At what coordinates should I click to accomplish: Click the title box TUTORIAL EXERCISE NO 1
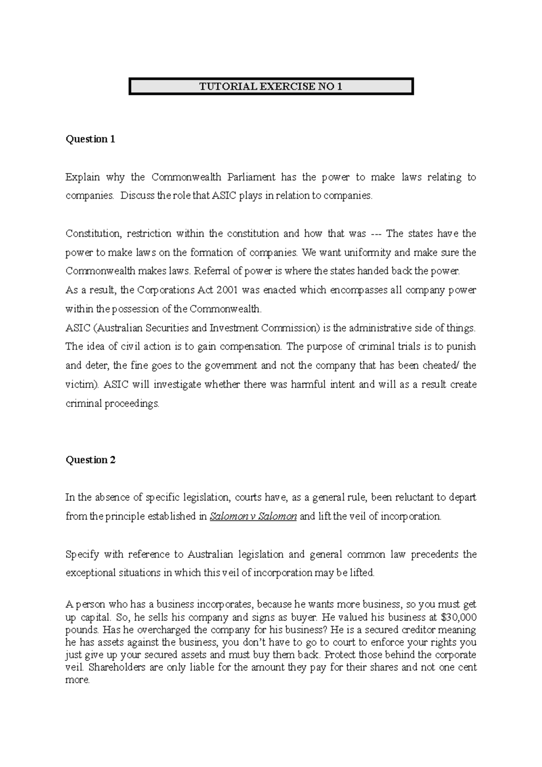[x=271, y=86]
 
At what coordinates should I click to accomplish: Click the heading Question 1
[x=90, y=139]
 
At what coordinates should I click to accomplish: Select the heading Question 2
[x=90, y=460]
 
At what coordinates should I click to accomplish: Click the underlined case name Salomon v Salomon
[x=253, y=516]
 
